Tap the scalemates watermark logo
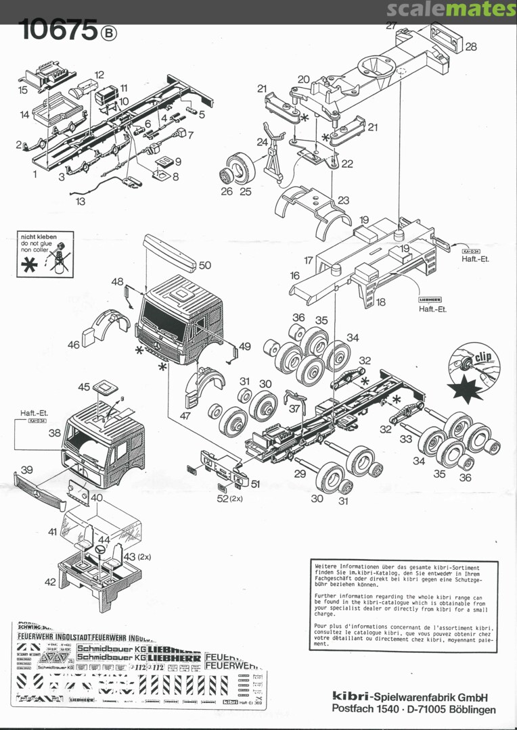click(452, 9)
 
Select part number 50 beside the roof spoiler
click(204, 266)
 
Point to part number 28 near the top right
click(471, 47)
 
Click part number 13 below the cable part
click(81, 201)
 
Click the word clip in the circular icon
click(482, 358)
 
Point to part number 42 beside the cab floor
click(50, 581)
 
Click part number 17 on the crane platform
click(308, 260)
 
